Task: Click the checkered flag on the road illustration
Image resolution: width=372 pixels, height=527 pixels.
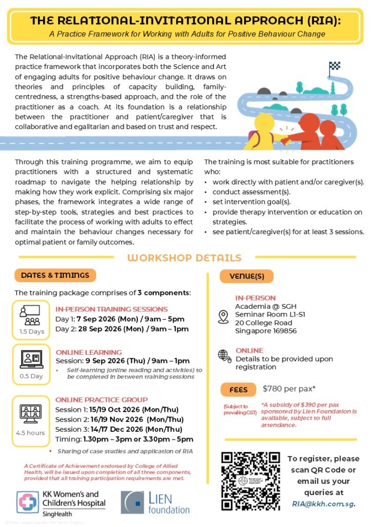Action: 334,66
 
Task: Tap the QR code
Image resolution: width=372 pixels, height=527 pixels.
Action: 250,481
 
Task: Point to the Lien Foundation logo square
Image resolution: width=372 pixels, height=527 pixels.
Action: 132,502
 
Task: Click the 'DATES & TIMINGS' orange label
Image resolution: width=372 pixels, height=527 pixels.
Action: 55,275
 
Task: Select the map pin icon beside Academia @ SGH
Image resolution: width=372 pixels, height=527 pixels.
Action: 224,317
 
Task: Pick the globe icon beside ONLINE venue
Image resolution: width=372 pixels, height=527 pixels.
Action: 224,355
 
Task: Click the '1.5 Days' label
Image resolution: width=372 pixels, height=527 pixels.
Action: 32,331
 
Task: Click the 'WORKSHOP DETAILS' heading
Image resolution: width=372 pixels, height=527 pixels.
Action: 184,258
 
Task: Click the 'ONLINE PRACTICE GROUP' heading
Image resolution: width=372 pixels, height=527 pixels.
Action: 101,399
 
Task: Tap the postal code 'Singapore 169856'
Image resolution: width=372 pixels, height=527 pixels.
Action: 266,331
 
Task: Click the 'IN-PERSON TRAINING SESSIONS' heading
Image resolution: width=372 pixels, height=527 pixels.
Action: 111,309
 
